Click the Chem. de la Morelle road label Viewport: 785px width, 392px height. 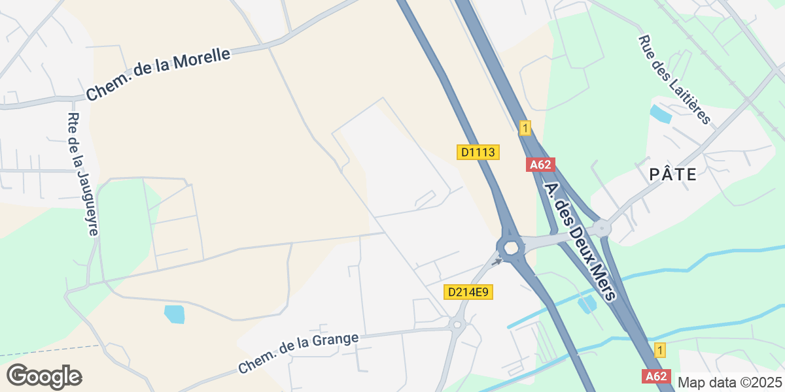(x=158, y=74)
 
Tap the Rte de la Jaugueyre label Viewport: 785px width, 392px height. (x=83, y=174)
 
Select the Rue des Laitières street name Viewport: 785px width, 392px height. (x=674, y=79)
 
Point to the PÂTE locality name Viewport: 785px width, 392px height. (x=672, y=174)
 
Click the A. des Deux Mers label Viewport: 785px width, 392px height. (x=580, y=241)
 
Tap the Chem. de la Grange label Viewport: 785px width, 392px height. (x=298, y=353)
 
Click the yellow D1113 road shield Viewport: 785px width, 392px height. (x=478, y=152)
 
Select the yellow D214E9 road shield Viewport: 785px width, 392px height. (x=468, y=292)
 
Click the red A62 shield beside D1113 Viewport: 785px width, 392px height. (x=540, y=165)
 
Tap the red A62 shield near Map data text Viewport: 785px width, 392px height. (x=656, y=376)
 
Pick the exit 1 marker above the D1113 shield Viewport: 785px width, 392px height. (x=524, y=128)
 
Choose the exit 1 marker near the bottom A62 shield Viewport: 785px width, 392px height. (x=660, y=350)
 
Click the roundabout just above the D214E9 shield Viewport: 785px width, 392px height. (x=510, y=248)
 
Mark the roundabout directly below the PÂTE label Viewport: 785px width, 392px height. (x=601, y=229)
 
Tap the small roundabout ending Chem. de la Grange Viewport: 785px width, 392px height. (x=457, y=324)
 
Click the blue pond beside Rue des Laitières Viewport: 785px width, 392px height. (x=660, y=114)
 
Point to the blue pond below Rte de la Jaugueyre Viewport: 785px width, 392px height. (x=175, y=314)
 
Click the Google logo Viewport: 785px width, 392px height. (x=44, y=376)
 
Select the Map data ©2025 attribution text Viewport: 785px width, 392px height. (x=729, y=382)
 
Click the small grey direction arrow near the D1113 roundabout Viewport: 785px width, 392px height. (x=498, y=261)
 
